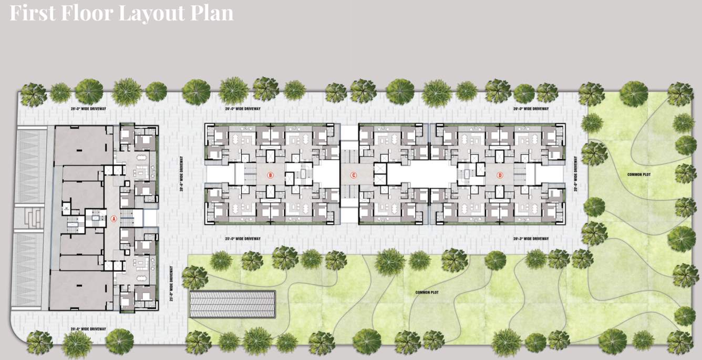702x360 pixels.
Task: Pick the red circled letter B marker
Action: (271, 175)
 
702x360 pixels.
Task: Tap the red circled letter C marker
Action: (354, 175)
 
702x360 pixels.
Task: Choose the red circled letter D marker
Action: (500, 175)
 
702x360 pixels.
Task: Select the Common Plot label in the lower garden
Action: (426, 292)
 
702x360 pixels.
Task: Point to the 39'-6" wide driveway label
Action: (181, 174)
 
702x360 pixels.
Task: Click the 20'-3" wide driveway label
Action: (531, 239)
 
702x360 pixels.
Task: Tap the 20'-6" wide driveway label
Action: (88, 329)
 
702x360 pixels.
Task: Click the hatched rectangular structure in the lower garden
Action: (232, 304)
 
